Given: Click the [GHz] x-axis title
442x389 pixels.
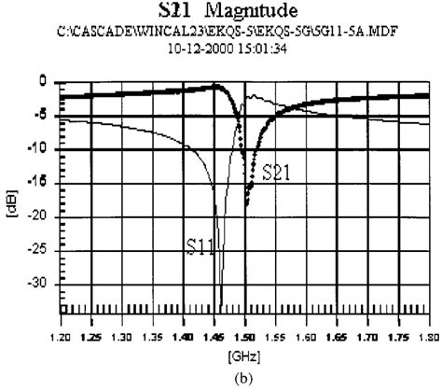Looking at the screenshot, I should (246, 355).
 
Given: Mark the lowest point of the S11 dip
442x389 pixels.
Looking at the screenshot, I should (220, 302).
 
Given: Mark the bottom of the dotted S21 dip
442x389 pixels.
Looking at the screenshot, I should (248, 204).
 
